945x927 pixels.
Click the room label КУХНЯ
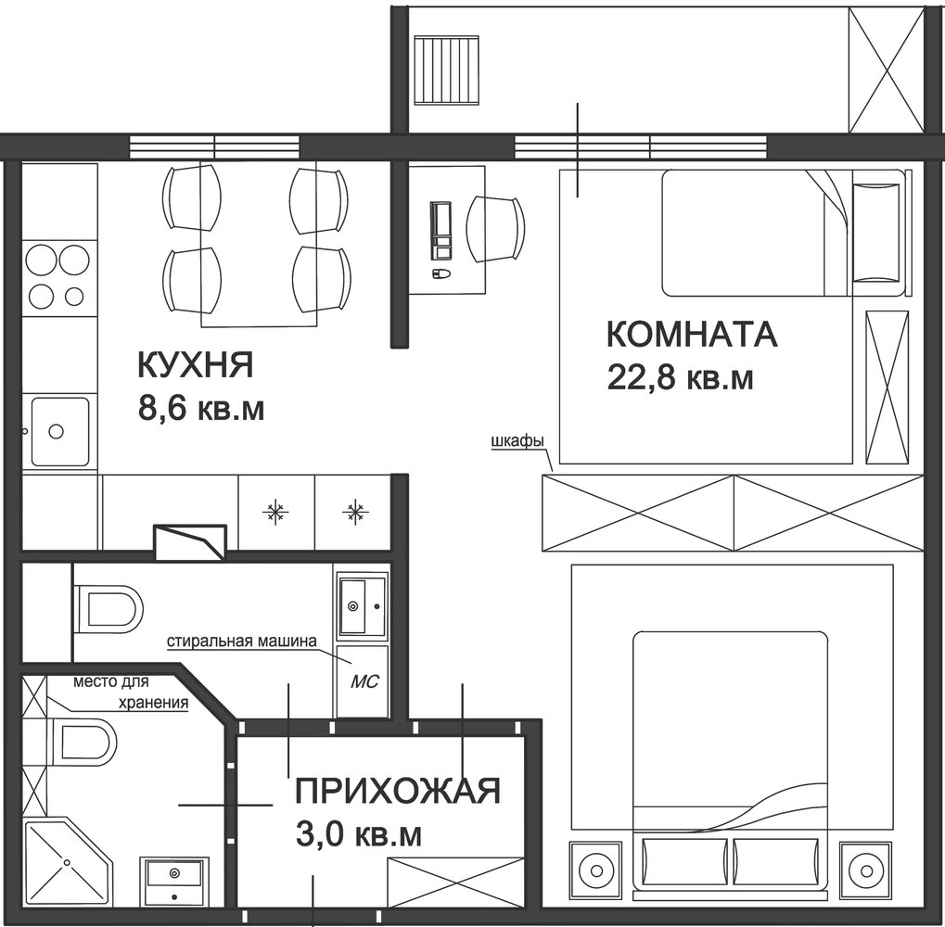196,365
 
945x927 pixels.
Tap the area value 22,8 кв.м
681,378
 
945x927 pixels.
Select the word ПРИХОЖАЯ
398,791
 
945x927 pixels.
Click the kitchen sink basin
59,431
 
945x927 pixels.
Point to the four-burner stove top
59,276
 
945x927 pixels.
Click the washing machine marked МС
363,681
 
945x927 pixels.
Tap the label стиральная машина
242,641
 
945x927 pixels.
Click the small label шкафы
517,441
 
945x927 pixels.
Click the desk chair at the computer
496,229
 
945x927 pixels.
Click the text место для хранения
131,692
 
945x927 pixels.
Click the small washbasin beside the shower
174,881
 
